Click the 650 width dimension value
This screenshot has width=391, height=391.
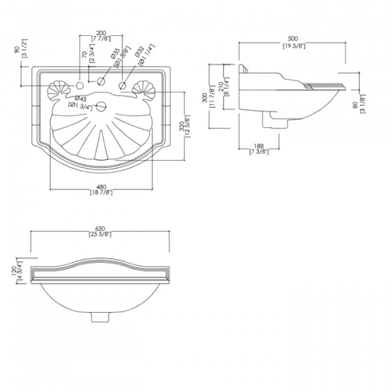[x=100, y=229]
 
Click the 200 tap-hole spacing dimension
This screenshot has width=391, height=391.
[x=101, y=32]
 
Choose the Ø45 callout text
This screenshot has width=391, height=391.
[x=80, y=98]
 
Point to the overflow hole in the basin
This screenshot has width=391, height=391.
[x=101, y=107]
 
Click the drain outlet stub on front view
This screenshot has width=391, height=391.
[x=100, y=318]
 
